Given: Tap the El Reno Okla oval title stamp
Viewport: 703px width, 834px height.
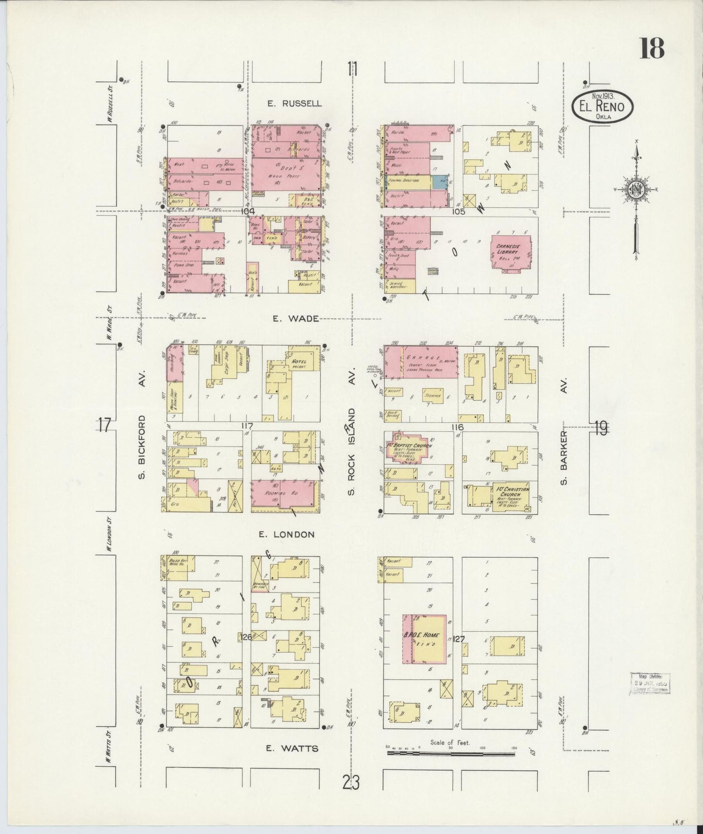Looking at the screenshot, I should coord(602,107).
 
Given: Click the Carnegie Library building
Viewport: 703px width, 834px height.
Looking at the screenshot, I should coord(510,251).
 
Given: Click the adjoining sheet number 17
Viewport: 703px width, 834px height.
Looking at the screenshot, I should coord(104,425).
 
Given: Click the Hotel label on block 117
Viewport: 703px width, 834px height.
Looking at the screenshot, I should coord(298,363).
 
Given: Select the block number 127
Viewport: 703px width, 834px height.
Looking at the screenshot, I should coord(458,640).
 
